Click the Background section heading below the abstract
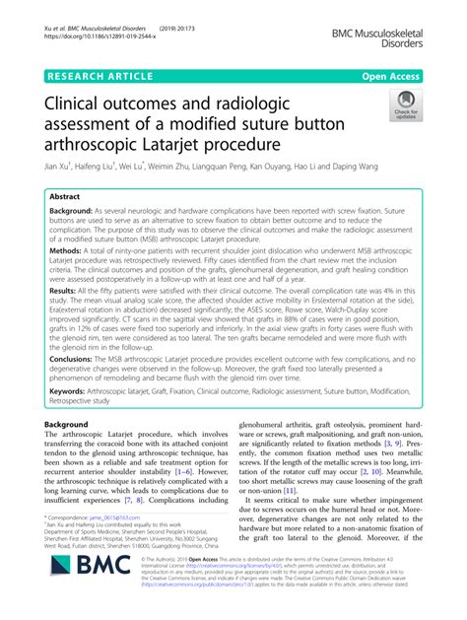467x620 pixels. click(x=71, y=423)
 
